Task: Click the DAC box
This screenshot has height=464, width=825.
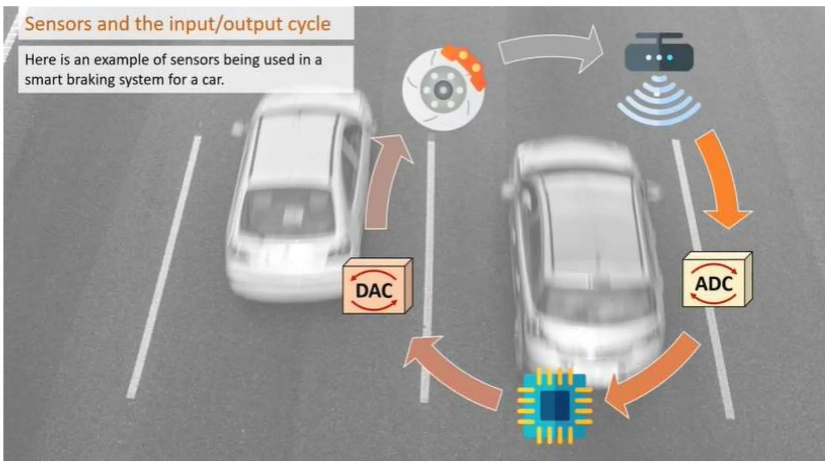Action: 375,288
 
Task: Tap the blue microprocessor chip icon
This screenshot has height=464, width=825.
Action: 554,405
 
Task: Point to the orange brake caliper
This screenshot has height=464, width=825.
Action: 465,64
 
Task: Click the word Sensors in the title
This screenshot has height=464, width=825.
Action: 58,24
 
